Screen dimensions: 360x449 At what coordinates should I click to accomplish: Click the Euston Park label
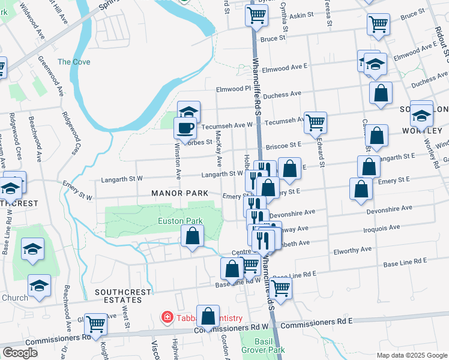tap(180, 221)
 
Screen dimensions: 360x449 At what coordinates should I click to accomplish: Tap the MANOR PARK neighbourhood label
tap(180, 193)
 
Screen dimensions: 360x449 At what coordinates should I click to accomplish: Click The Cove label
tap(74, 62)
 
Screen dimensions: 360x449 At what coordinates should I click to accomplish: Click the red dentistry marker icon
tap(166, 317)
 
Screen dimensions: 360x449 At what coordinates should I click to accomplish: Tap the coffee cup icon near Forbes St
tap(185, 127)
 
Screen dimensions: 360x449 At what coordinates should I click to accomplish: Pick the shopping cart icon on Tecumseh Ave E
tap(315, 122)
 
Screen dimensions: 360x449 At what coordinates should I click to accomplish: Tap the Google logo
tap(20, 352)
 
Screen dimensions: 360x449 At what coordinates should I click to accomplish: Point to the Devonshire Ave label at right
tap(389, 208)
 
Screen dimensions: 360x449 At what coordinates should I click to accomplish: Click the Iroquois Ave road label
tap(382, 228)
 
